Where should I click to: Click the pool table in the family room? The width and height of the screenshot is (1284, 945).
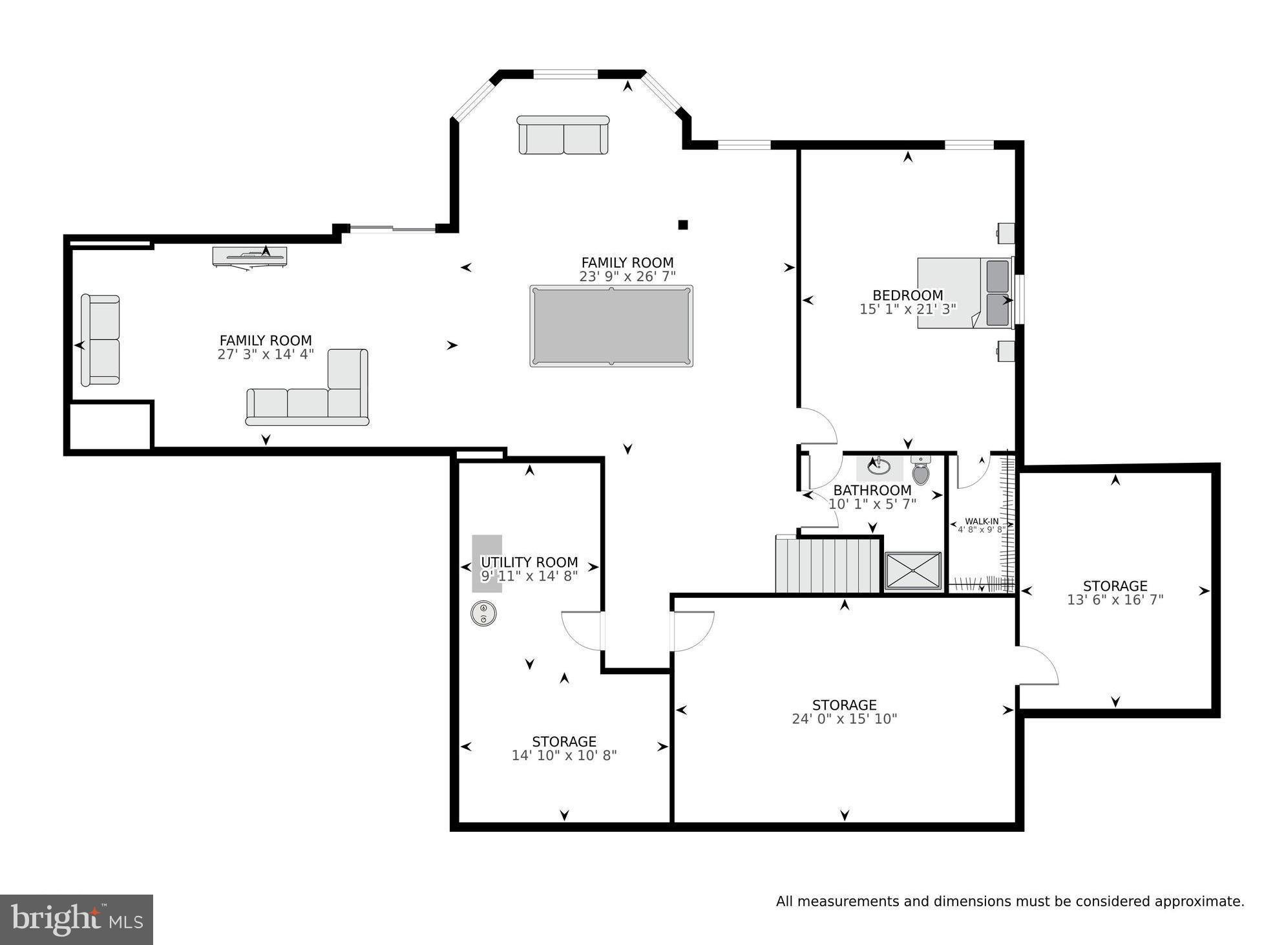611,326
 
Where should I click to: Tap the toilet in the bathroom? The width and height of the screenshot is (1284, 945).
921,471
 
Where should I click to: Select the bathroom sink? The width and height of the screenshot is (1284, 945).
879,466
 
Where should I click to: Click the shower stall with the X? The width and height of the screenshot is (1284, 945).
913,571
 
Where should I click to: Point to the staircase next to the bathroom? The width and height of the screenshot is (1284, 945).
828,566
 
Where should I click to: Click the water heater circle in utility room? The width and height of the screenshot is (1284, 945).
483,613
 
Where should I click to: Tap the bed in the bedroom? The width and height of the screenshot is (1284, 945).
964,293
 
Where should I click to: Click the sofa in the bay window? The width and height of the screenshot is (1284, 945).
563,136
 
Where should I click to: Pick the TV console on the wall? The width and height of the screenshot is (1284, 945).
249,257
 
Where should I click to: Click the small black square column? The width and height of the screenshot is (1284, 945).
683,225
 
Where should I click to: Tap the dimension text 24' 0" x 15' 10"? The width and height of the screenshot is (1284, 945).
845,719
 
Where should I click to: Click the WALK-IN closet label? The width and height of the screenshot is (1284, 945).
982,521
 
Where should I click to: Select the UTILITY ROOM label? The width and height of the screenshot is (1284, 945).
529,562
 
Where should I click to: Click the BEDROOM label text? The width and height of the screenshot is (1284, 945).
908,295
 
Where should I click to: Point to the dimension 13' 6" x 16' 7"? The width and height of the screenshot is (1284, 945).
1115,600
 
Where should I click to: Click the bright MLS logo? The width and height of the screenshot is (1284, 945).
76,919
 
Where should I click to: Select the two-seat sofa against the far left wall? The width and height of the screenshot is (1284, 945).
100,340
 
